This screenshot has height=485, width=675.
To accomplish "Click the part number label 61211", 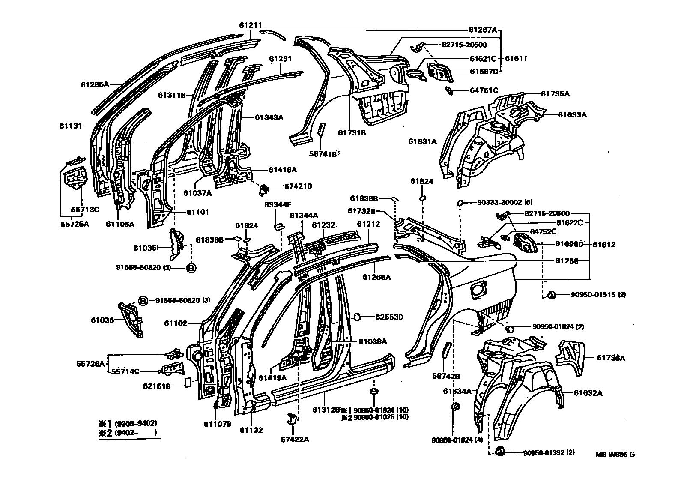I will tap(250, 25).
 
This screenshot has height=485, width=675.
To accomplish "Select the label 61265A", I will tap(95, 84).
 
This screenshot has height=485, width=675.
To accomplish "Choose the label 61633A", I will tap(572, 114).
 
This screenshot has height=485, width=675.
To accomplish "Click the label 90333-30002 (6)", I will tap(499, 202).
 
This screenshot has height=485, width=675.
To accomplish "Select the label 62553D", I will tap(389, 317).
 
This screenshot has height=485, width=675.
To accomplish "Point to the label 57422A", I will tap(295, 439).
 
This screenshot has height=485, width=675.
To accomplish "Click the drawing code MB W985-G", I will tap(615, 455).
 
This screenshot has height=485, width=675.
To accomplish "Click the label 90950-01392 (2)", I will tap(549, 452).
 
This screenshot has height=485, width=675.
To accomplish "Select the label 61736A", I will tap(611, 358).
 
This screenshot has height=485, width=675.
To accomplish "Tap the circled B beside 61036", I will tap(143, 301).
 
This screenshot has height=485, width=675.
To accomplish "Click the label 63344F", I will tap(277, 205).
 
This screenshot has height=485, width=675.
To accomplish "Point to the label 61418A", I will tap(283, 170).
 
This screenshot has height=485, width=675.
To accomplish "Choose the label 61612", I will tap(604, 245).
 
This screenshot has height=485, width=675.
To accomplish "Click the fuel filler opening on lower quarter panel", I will tap(478, 289).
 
